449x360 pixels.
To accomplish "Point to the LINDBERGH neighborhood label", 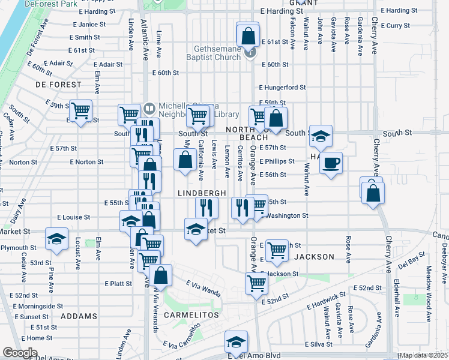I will (x=202, y=193).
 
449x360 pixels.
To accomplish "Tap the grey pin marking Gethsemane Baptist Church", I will (x=252, y=52).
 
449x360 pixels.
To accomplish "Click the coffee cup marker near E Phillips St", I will (x=330, y=162).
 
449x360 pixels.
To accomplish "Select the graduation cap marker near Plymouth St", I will (x=56, y=239).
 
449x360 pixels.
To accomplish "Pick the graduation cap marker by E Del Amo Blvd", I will (x=237, y=341).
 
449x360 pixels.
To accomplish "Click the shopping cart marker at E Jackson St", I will (x=257, y=282).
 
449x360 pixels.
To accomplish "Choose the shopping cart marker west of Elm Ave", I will (x=80, y=110).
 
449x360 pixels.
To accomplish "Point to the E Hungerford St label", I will (x=282, y=87).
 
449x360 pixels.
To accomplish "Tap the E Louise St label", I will (x=73, y=217).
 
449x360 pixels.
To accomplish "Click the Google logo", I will (x=20, y=353).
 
